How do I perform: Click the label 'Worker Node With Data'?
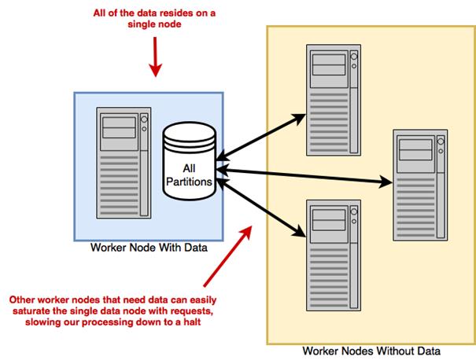click(149, 248)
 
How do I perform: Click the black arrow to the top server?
click(260, 134)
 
